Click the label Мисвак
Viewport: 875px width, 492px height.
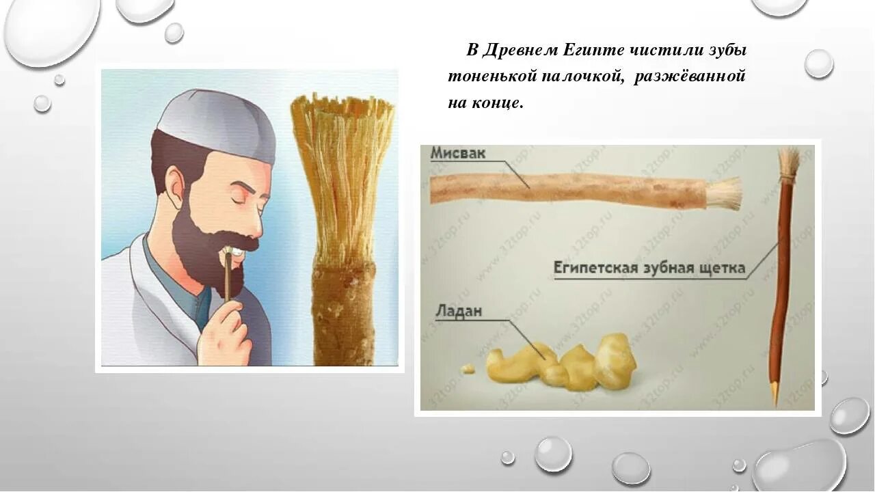(x=457, y=154)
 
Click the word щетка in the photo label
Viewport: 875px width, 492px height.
(x=721, y=268)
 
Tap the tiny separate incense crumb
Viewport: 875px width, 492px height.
(x=468, y=368)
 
